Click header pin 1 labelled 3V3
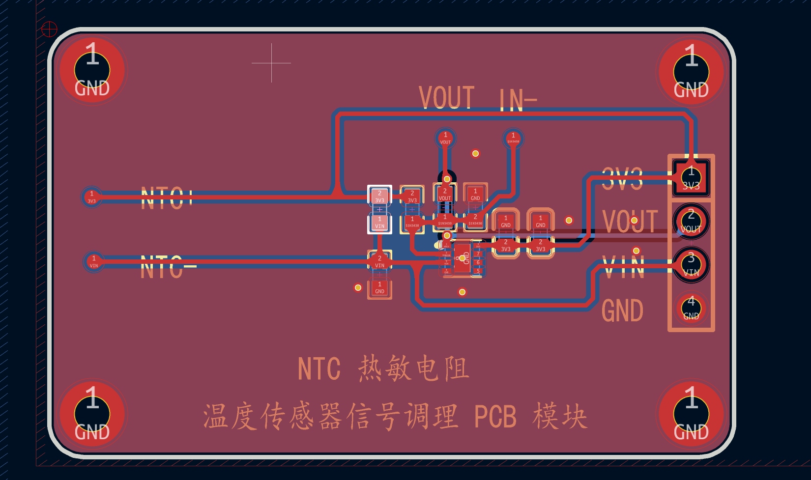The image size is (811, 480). point(691,177)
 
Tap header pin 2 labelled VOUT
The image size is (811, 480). point(691,221)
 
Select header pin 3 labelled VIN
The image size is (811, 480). point(691,265)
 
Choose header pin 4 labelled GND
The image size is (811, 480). point(691,308)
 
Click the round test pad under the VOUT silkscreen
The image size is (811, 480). point(445,138)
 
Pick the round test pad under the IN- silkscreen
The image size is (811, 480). point(513,138)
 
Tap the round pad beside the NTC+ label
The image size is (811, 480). point(92,197)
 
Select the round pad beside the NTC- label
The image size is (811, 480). point(94,261)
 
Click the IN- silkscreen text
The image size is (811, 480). point(518,100)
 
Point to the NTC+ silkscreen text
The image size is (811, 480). point(166,198)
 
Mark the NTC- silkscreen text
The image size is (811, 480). point(167,268)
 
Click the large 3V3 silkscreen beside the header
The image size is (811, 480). point(622,179)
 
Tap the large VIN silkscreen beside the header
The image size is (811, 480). point(624,268)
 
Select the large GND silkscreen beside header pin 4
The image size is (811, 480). point(622,311)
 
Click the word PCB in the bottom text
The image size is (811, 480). point(495,417)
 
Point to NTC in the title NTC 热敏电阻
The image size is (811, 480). point(319,369)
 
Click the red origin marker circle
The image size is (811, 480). point(49,29)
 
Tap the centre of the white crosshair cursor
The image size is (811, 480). point(271,63)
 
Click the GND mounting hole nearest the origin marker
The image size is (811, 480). point(92,70)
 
